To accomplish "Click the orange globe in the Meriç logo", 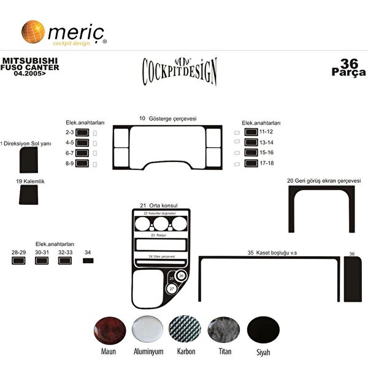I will (33, 31).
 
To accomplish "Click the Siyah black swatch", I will (263, 331).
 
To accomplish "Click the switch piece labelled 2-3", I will (82, 132).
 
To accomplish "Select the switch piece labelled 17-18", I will (251, 163).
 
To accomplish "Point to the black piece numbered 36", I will (352, 277).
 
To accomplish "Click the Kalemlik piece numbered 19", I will (27, 195).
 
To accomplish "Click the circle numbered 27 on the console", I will (172, 288).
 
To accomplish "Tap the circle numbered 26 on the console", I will (181, 276).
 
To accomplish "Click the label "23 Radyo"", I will (161, 236).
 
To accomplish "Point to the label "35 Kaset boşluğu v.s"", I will (272, 253).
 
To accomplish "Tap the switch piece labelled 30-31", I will (42, 261).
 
